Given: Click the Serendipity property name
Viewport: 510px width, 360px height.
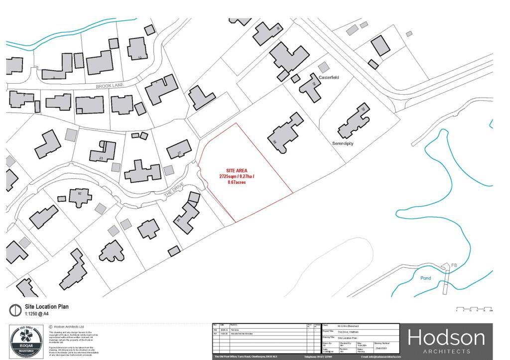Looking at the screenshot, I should point(343,143).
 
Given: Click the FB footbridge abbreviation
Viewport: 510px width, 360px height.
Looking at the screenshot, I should point(454,264).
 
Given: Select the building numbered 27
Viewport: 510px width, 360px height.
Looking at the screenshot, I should point(179,151).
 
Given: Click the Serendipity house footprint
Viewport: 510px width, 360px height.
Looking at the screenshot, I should point(355,121).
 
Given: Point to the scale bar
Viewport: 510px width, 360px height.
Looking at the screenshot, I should point(474,309).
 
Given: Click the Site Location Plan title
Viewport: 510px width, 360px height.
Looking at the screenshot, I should point(47,307).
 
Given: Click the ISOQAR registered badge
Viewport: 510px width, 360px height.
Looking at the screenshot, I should point(25,341).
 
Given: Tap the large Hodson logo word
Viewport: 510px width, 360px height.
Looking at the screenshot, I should point(446,339).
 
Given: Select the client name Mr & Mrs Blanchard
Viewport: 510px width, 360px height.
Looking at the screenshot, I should point(348,326).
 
